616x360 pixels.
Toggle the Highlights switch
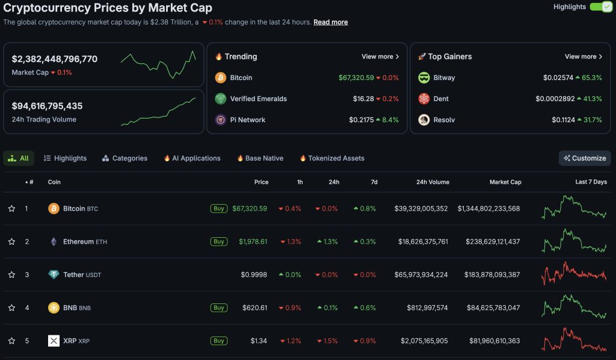tap(600, 7)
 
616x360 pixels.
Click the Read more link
tap(330, 22)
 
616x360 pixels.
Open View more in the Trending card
tap(380, 57)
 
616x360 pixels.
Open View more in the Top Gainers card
tap(584, 57)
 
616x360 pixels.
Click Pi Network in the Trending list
tap(247, 120)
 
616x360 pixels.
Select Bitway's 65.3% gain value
tap(588, 78)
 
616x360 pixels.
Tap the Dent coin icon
tap(424, 99)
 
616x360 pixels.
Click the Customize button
tap(584, 158)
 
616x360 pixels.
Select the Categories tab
tap(125, 158)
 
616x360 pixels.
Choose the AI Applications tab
tap(192, 158)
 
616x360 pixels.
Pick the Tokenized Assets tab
tap(332, 158)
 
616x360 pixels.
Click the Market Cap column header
tap(505, 182)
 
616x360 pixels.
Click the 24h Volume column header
tap(433, 182)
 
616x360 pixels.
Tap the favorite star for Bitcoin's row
tap(11, 209)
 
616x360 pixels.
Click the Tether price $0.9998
tap(254, 275)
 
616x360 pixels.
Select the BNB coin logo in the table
tap(54, 308)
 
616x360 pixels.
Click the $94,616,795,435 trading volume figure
tap(47, 106)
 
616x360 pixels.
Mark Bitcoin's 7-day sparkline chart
tap(574, 208)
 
